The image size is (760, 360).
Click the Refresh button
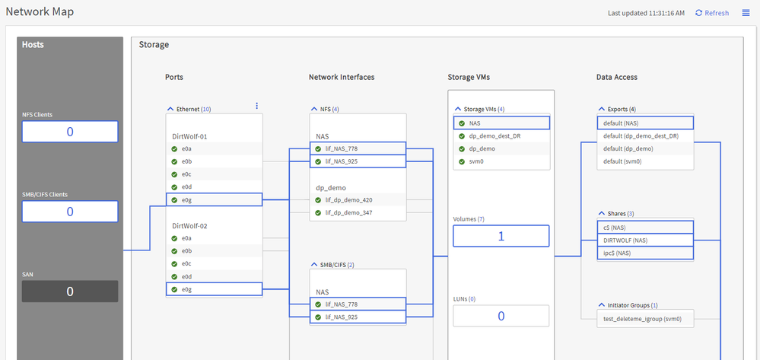pyautogui.click(x=712, y=13)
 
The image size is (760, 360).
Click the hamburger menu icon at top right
pyautogui.click(x=746, y=13)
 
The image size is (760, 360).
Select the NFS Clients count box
pyautogui.click(x=70, y=132)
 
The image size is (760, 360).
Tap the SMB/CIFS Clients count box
pyautogui.click(x=70, y=212)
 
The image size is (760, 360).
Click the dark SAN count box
pyautogui.click(x=70, y=292)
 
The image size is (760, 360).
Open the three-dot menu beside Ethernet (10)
pyautogui.click(x=256, y=106)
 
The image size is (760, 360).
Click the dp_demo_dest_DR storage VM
pyautogui.click(x=501, y=135)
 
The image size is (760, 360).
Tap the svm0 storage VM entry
pyautogui.click(x=501, y=161)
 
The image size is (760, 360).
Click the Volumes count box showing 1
pyautogui.click(x=501, y=236)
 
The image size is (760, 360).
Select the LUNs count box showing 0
pyautogui.click(x=501, y=316)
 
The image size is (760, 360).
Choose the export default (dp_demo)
pyautogui.click(x=645, y=149)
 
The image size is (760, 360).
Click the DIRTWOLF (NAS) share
pyautogui.click(x=645, y=240)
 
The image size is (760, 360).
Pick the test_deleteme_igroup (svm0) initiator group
pyautogui.click(x=645, y=318)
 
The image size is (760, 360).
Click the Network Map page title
pyautogui.click(x=40, y=12)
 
